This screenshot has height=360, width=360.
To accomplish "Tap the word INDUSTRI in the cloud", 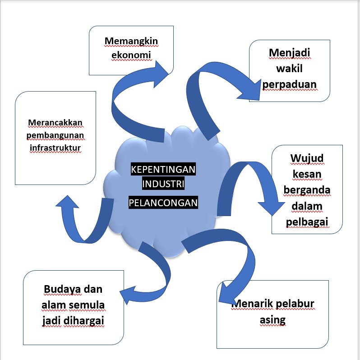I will click(x=163, y=185).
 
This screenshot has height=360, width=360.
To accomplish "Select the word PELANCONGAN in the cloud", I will click(x=163, y=203).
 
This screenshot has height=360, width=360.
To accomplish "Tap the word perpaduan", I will click(x=290, y=84).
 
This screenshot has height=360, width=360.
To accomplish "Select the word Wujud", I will click(x=307, y=159).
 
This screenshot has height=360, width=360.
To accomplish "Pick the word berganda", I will click(x=307, y=190).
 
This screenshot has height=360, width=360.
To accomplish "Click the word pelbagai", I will click(x=307, y=222).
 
